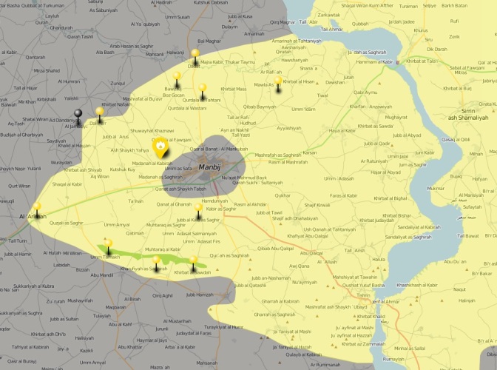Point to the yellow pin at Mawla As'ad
pyautogui.click(x=278, y=82)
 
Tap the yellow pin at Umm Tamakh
pyautogui.click(x=109, y=244)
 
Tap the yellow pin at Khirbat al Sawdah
pyautogui.click(x=194, y=262)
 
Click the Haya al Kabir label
pyautogui.click(x=341, y=131)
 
